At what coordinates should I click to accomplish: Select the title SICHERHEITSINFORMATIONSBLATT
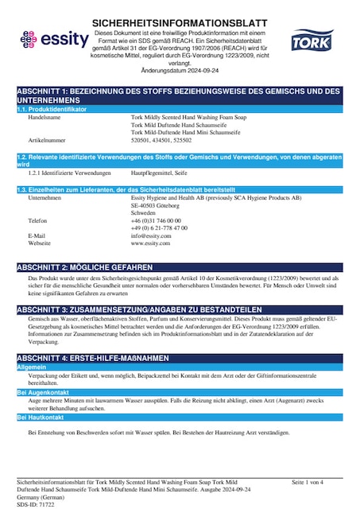180,23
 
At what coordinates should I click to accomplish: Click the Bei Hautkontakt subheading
41,417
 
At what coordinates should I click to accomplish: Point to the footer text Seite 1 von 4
308,483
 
